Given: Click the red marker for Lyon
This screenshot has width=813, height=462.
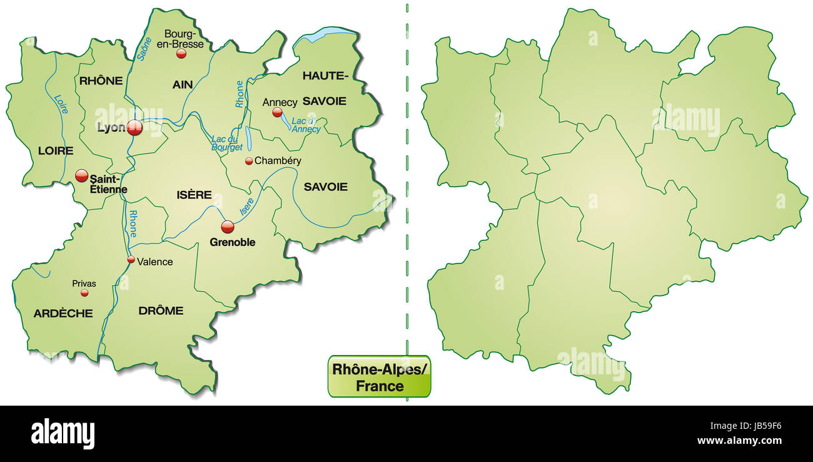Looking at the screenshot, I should click(x=134, y=128).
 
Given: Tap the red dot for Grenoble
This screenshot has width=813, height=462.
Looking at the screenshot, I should click(x=228, y=227).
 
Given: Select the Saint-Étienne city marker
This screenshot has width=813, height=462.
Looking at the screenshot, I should click(x=82, y=176).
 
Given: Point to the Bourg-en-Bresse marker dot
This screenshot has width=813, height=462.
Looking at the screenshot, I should click(x=181, y=54).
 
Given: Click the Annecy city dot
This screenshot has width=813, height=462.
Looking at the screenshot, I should click(x=277, y=113).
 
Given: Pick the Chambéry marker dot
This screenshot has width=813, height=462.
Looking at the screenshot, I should click(x=249, y=161).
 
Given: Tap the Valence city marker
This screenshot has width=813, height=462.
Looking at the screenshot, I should click(x=131, y=259).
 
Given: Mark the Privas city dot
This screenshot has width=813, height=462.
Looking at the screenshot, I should click(x=84, y=292).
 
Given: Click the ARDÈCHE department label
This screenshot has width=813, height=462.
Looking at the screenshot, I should click(x=63, y=313).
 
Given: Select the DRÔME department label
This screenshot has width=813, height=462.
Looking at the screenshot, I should click(x=161, y=311).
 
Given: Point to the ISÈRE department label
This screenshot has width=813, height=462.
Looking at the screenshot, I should click(x=194, y=195).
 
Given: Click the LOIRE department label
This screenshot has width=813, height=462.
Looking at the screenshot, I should click(x=56, y=150).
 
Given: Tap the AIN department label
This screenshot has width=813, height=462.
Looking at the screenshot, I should click(x=183, y=84).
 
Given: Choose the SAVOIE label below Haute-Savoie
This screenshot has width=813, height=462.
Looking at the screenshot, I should click(x=325, y=187).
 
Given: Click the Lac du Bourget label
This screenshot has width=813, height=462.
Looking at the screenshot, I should click(x=226, y=143).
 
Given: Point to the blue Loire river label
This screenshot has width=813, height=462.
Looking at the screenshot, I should click(x=61, y=104).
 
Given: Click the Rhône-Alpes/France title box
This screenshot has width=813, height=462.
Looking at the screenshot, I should click(x=380, y=377).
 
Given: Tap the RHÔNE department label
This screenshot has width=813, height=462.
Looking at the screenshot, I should click(x=101, y=80).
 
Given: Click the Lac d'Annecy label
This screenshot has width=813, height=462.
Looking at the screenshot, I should click(x=306, y=125).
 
